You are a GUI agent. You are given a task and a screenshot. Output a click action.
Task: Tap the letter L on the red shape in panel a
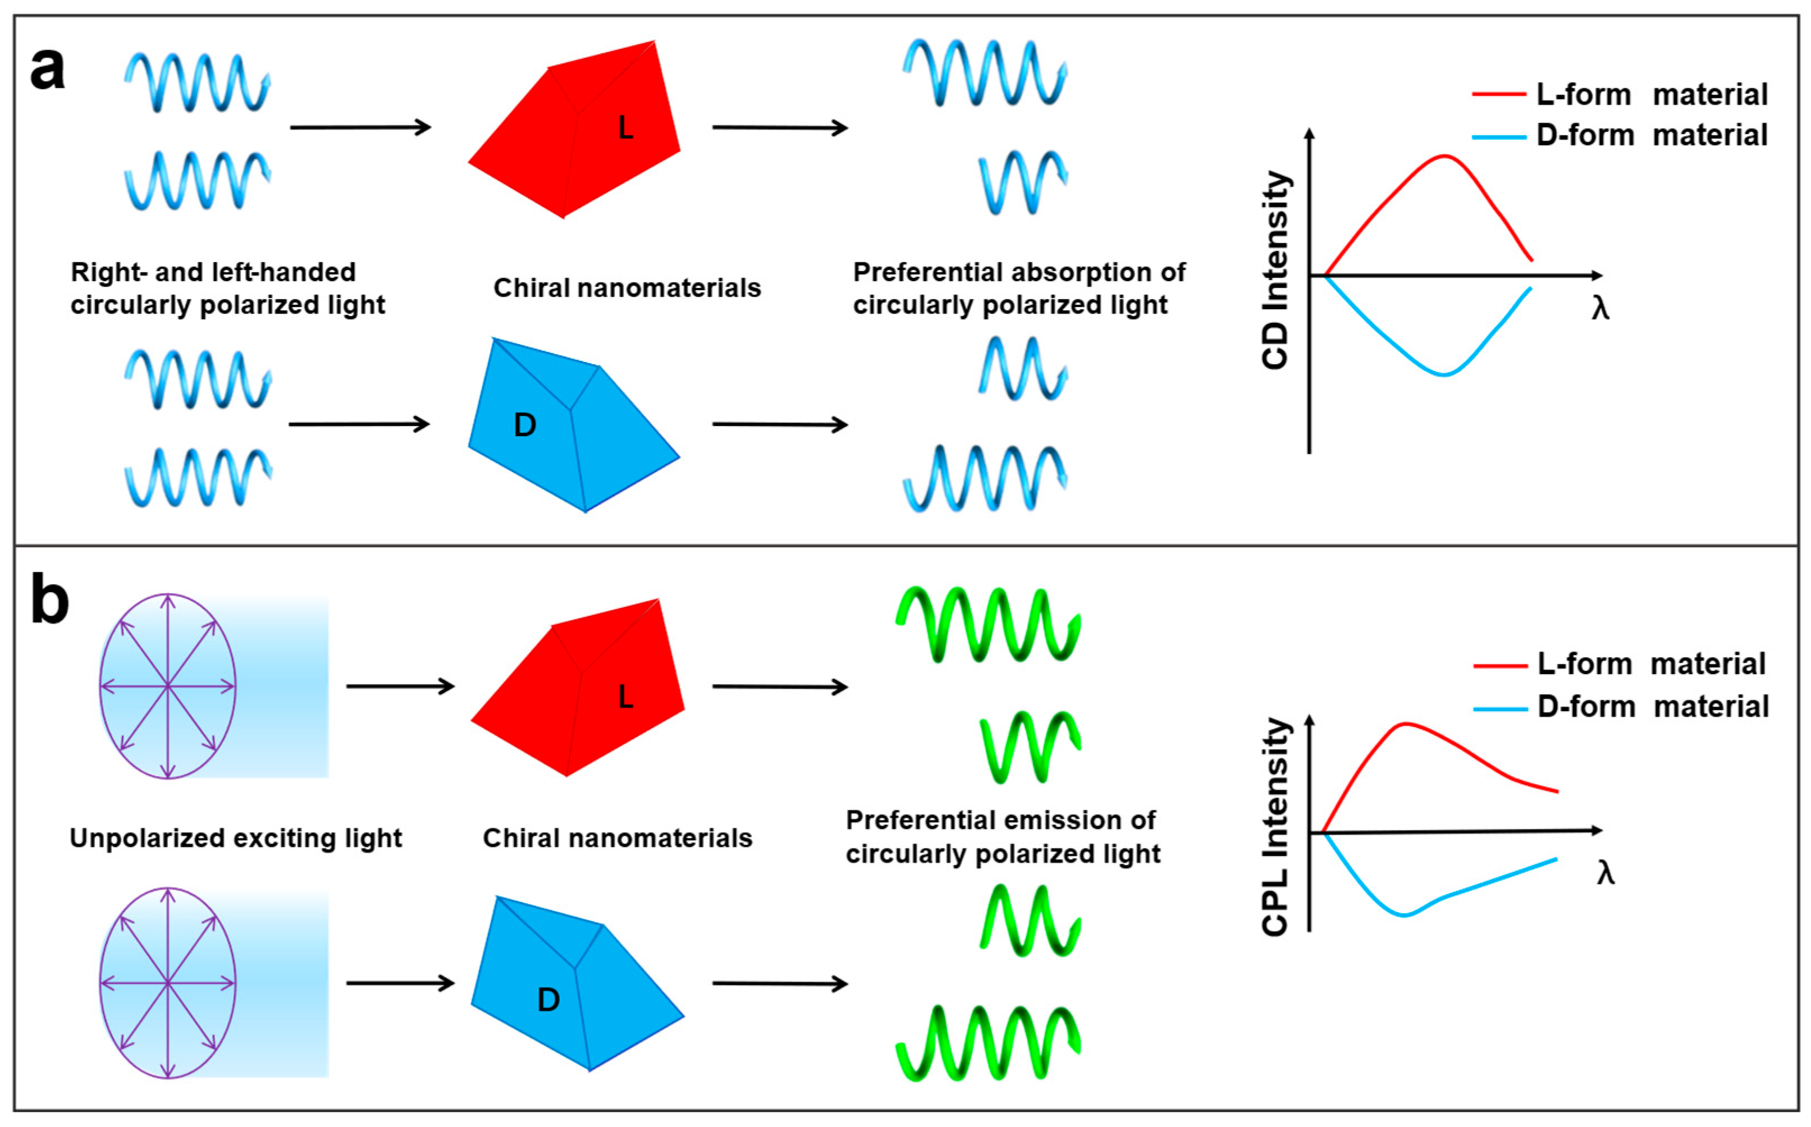[x=625, y=128]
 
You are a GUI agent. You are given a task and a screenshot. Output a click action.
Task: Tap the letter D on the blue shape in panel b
[x=548, y=1000]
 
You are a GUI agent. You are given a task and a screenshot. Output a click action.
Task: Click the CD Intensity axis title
[x=1275, y=270]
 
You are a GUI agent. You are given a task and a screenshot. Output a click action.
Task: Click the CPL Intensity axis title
[x=1275, y=827]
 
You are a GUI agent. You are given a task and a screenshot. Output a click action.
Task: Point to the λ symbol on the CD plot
[x=1600, y=308]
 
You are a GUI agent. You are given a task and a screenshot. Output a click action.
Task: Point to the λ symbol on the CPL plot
[x=1605, y=873]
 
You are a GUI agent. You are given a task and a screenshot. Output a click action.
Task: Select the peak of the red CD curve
[x=1444, y=156]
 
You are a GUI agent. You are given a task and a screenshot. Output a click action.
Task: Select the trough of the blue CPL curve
[x=1405, y=915]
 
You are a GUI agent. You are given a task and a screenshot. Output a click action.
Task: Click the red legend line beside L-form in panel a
[x=1499, y=95]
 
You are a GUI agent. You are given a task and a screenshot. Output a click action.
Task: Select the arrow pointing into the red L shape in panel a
[x=360, y=127]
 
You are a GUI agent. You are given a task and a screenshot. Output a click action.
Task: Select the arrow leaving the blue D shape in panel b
[x=780, y=984]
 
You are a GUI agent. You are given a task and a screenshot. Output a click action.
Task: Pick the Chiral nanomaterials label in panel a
[x=627, y=288]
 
